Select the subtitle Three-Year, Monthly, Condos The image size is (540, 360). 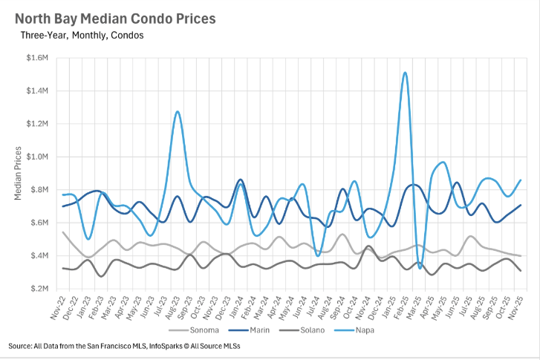82,35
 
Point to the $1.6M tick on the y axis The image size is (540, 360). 37,58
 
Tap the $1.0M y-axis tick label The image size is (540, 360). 37,157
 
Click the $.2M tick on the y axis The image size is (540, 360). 39,289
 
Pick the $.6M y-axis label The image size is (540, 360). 39,223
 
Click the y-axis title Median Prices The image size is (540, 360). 18,174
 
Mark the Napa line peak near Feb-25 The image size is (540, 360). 404,73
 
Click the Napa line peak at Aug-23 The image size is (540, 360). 178,112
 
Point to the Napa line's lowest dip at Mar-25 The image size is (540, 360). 420,268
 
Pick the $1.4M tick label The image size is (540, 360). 37,91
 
